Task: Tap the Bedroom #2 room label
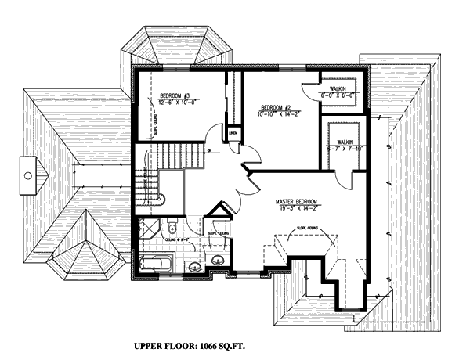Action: (276, 106)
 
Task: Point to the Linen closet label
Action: (233, 135)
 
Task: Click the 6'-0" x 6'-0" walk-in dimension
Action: (338, 95)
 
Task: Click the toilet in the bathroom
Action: (171, 227)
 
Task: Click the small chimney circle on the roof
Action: (28, 175)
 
